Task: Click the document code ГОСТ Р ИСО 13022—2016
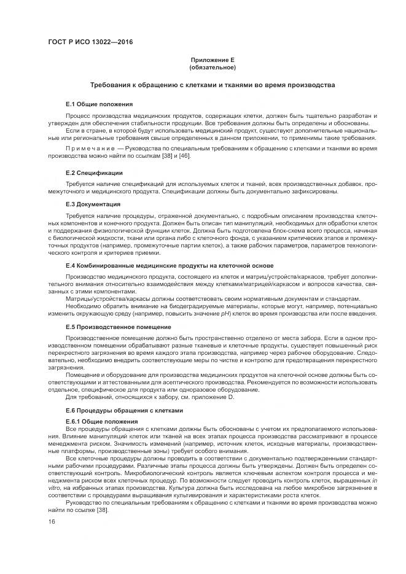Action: click(90, 42)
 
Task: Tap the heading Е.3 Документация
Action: click(93, 204)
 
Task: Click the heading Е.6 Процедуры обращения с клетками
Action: click(124, 410)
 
